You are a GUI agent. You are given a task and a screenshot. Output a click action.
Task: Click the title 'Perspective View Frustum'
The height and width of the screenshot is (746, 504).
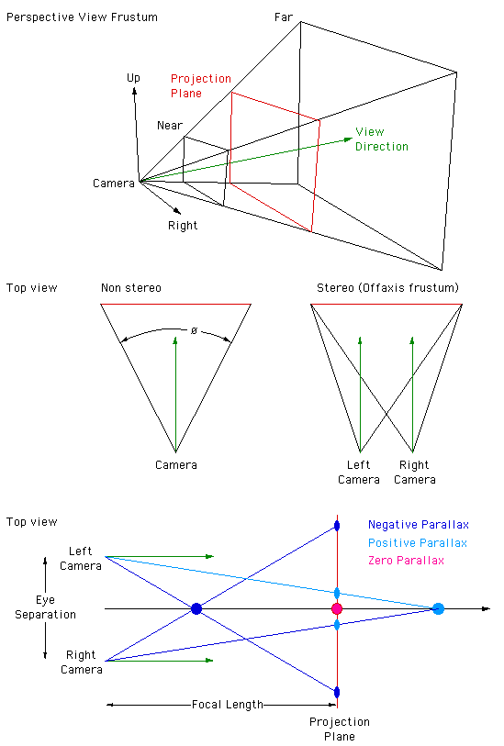click(x=82, y=17)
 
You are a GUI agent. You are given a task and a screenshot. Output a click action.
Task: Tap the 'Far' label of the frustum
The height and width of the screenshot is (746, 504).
click(x=283, y=17)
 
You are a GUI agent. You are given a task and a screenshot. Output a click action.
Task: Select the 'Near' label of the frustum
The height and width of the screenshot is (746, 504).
click(x=170, y=125)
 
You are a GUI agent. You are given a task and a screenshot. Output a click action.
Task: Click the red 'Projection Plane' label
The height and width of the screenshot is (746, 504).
click(x=201, y=85)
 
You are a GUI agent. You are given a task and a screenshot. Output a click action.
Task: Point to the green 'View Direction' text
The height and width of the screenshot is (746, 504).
click(x=382, y=139)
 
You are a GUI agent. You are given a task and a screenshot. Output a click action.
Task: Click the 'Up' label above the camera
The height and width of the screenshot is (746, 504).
click(x=133, y=78)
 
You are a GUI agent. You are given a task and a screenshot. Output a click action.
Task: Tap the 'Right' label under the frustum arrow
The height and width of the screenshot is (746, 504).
click(x=183, y=226)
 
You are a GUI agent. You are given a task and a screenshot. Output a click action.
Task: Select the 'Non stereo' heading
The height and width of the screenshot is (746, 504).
click(x=131, y=288)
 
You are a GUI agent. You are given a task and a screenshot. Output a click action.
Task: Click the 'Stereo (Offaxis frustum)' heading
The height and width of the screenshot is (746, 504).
click(x=388, y=288)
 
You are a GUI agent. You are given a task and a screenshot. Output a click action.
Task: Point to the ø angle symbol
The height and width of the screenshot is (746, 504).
click(x=194, y=330)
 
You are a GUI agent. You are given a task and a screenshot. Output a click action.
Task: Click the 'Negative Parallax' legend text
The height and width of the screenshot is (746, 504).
click(x=419, y=525)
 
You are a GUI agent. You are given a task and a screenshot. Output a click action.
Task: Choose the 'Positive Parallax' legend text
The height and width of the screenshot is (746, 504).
click(x=418, y=543)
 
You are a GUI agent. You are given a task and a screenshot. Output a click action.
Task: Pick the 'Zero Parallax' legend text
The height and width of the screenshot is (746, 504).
click(x=406, y=561)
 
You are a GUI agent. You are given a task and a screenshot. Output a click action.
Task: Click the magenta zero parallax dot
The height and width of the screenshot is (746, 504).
click(x=337, y=608)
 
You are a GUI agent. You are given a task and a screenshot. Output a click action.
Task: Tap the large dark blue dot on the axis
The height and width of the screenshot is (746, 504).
click(x=196, y=608)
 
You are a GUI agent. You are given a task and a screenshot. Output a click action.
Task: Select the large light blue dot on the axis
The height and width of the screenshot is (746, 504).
click(x=438, y=608)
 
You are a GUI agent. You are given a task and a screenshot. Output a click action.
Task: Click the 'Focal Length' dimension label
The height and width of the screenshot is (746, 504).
click(x=228, y=705)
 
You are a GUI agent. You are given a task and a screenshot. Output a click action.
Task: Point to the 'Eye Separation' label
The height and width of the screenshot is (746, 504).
click(x=45, y=607)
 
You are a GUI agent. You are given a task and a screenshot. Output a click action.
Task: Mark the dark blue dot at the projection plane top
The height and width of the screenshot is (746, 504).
click(x=337, y=526)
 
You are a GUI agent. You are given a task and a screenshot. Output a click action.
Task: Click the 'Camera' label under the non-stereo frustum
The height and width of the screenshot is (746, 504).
click(x=176, y=465)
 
